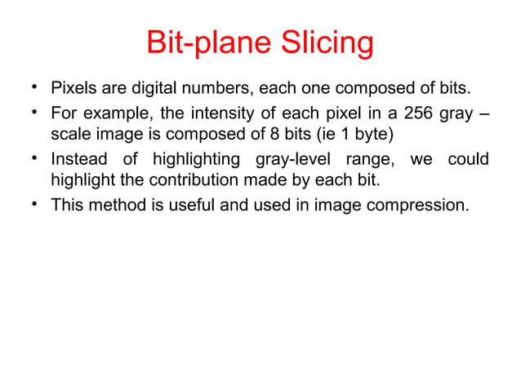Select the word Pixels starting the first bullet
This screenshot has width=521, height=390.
73,87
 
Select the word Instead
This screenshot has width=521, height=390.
77,157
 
